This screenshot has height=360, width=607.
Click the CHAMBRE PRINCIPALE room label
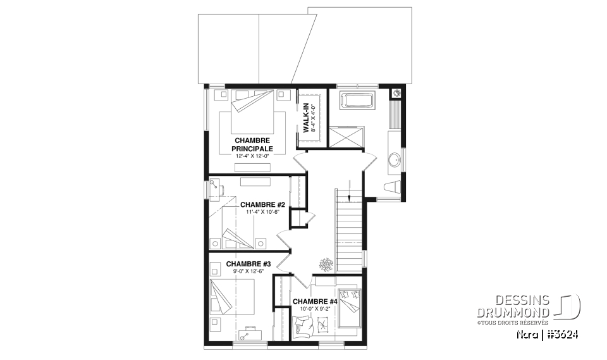pos(252,144)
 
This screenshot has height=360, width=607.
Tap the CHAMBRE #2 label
pos(263,205)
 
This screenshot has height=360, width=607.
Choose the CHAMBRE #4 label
pos(314,302)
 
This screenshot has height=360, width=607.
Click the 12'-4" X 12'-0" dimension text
pos(252,156)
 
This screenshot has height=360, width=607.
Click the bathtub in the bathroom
pos(358,101)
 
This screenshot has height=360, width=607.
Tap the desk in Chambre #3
pos(248,333)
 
